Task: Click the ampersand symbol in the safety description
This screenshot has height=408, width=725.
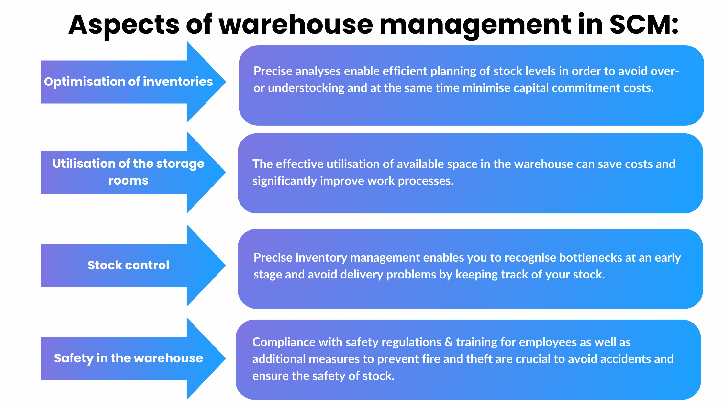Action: tap(449, 342)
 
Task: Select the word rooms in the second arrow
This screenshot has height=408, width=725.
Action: tap(128, 180)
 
